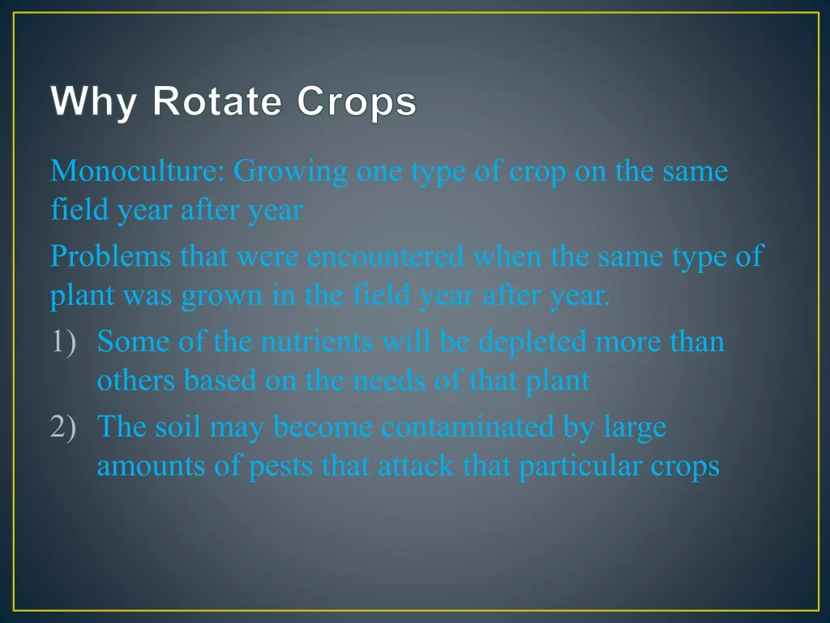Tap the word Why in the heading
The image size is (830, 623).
click(94, 101)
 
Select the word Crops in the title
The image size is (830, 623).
click(357, 101)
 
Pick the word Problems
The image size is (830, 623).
click(110, 256)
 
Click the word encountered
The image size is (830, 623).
click(385, 256)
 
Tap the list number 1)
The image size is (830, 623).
click(63, 342)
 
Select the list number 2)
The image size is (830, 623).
click(63, 427)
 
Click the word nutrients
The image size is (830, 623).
click(317, 342)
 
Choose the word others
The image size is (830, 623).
click(136, 380)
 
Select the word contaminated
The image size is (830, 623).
click(468, 427)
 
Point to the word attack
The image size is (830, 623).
click(416, 466)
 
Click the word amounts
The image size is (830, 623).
click(151, 466)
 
